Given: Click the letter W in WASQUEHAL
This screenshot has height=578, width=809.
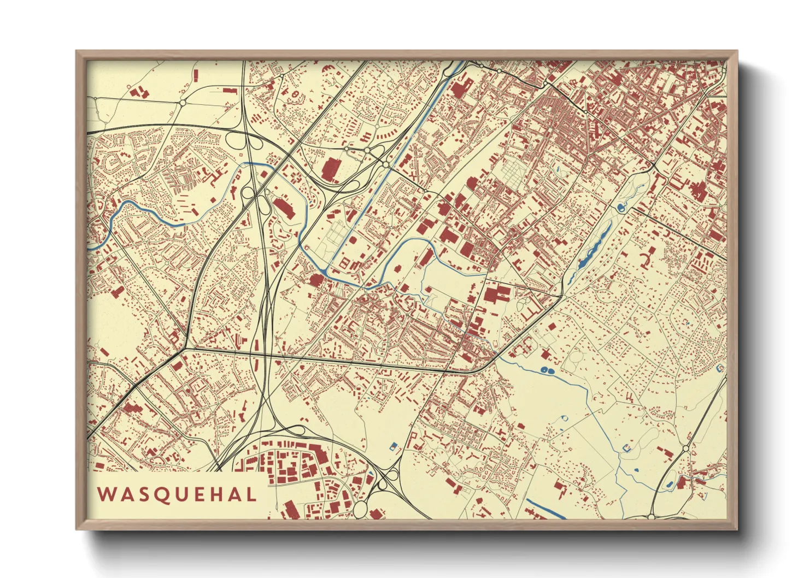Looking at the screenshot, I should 105,494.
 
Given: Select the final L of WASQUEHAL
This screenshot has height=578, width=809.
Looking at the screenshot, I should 251,494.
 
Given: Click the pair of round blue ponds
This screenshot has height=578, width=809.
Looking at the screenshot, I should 547,371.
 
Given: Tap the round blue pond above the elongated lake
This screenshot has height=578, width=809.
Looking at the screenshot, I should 620,208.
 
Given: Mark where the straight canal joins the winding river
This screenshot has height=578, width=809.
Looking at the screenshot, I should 327,272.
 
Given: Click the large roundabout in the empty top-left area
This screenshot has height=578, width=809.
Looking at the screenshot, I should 182,102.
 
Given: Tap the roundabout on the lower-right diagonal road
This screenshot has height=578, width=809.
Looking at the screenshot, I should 685,449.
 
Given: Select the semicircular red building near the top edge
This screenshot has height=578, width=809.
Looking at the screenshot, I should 328,69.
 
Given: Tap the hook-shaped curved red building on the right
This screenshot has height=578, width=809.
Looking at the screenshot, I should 649,257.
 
